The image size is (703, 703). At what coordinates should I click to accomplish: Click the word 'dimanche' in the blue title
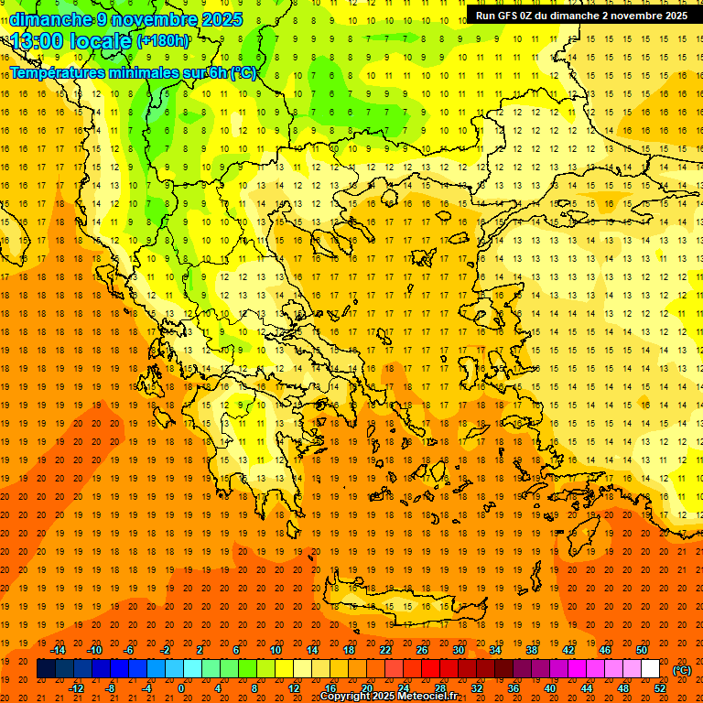point(49,19)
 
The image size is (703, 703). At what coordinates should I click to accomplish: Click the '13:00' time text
point(35,41)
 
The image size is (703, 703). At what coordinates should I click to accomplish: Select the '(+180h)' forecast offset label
point(163,41)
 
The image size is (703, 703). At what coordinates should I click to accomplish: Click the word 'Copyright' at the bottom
point(343,697)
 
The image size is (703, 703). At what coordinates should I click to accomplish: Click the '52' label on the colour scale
point(660,688)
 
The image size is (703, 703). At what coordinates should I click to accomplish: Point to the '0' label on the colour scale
point(180,688)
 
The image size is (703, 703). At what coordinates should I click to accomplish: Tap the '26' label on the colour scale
point(422,650)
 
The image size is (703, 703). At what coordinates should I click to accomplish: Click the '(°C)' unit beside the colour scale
point(682,670)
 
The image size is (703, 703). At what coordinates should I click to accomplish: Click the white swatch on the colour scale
point(650,669)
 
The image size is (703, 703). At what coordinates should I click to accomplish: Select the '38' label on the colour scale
point(532,650)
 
